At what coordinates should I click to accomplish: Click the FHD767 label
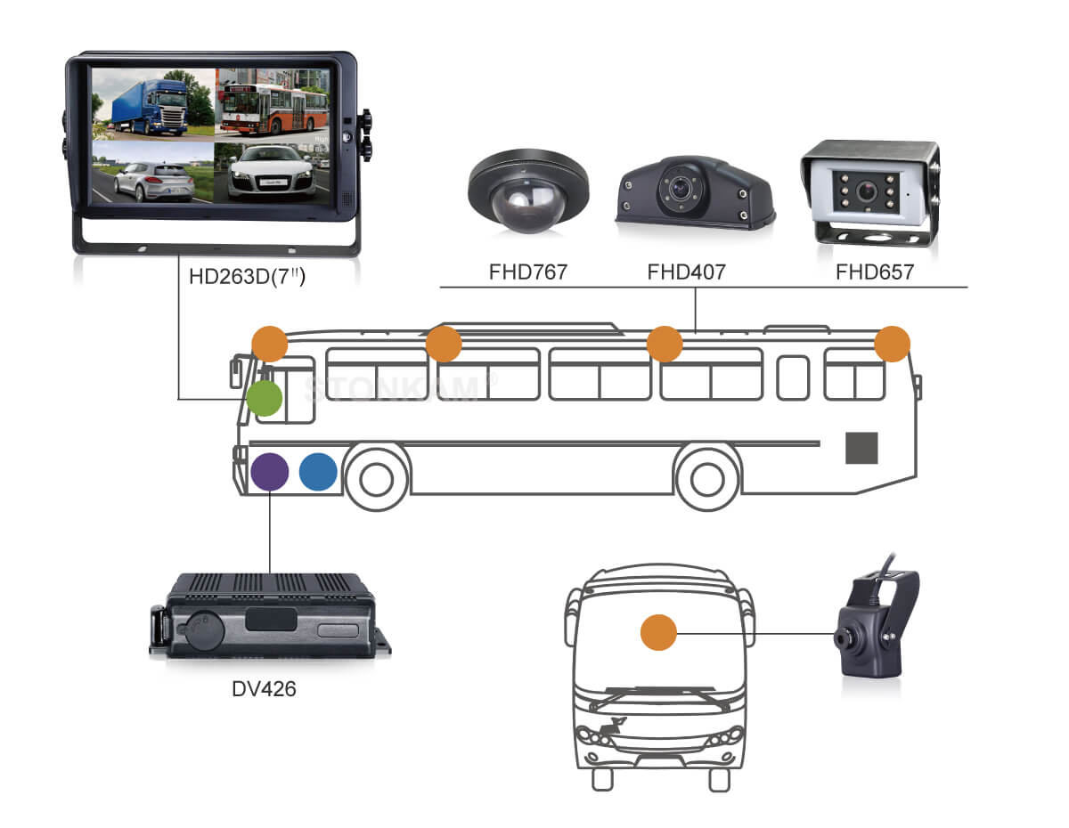[527, 272]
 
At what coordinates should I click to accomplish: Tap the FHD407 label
[686, 272]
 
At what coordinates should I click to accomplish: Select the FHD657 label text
[874, 272]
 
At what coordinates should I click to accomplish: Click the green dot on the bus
[265, 399]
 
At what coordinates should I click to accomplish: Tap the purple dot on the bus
[269, 472]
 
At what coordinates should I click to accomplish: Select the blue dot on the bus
[318, 472]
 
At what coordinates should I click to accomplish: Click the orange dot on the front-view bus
[659, 633]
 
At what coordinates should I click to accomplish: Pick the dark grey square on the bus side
[861, 448]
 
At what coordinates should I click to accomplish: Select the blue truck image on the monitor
[152, 102]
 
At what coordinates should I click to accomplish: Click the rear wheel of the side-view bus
[707, 478]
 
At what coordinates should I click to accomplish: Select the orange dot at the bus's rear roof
[892, 345]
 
